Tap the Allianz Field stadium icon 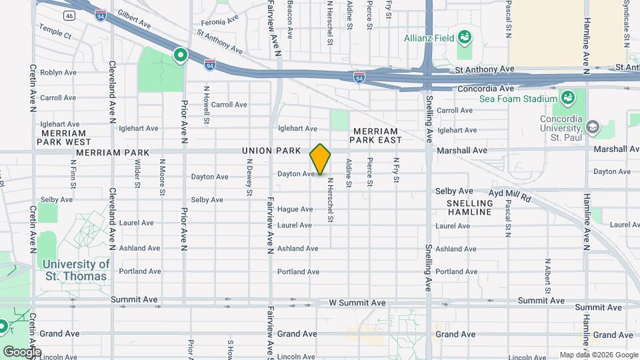click(x=464, y=37)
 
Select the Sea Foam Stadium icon click(x=568, y=99)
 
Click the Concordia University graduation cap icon click(x=592, y=127)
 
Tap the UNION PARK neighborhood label click(x=271, y=151)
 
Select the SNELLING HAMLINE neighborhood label click(x=469, y=207)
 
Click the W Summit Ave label click(x=357, y=303)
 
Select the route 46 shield click(x=69, y=15)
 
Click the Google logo click(x=21, y=351)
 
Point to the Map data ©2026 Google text click(x=597, y=355)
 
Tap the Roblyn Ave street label click(x=58, y=72)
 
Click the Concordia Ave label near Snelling click(x=486, y=88)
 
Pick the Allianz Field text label click(x=428, y=37)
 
